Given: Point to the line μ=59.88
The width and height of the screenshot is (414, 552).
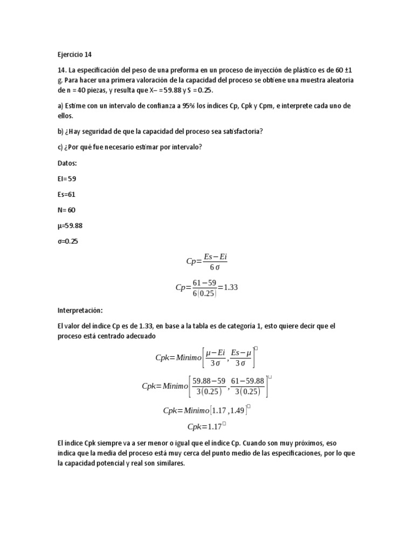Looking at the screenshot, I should click(x=71, y=225).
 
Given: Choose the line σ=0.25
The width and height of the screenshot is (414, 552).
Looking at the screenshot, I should click(x=68, y=241).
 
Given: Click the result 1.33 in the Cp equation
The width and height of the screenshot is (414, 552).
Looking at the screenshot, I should click(x=230, y=287).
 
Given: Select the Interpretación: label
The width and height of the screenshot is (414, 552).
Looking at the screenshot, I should click(x=80, y=311).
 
